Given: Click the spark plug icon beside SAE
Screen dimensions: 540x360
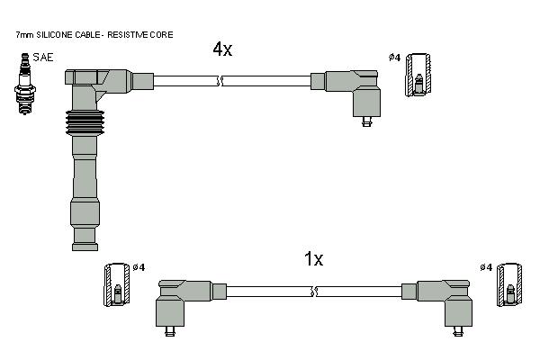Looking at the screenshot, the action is point(25,84).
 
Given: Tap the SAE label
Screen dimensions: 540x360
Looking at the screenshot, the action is point(43,58).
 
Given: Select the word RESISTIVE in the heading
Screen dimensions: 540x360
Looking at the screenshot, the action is point(126,35).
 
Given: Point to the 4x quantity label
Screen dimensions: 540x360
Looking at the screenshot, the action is point(222,49).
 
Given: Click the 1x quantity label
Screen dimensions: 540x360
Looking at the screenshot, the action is point(313,258).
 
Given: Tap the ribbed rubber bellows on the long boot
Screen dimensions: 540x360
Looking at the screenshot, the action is point(85,123).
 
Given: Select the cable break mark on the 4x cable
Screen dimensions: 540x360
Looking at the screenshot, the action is point(220,81).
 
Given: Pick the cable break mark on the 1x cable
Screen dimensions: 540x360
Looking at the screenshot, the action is point(314,292).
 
